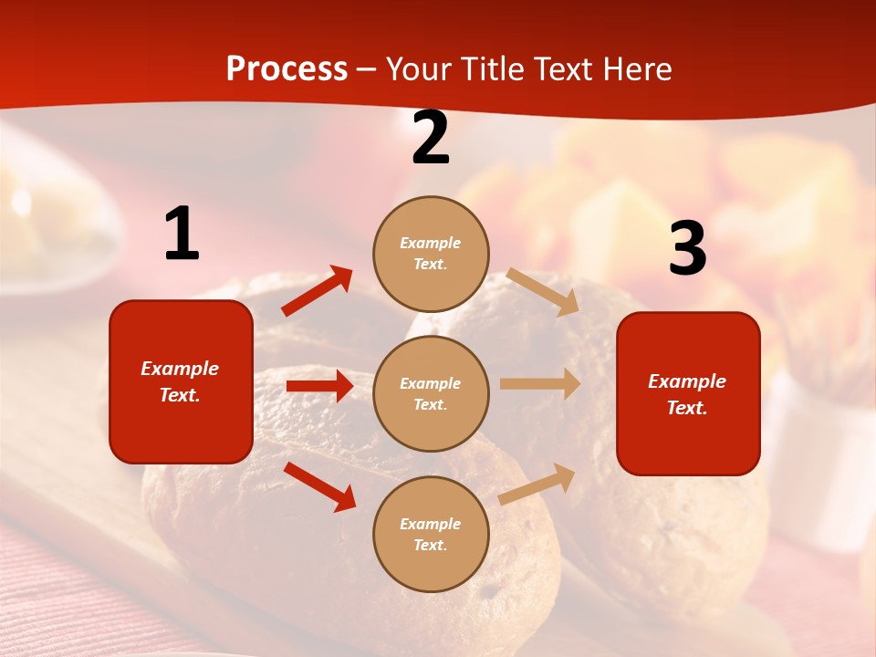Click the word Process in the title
[x=287, y=69]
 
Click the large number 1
[x=182, y=235]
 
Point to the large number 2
[x=431, y=139]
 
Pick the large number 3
[x=687, y=249]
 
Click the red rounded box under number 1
[x=181, y=381]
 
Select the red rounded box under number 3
[x=688, y=393]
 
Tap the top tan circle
[x=431, y=254]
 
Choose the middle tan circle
[x=431, y=393]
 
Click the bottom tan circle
[x=431, y=534]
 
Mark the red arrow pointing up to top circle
[x=318, y=290]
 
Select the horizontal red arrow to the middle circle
[x=319, y=386]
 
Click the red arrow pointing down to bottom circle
[x=319, y=486]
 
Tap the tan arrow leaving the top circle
[x=543, y=291]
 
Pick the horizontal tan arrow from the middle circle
[x=540, y=384]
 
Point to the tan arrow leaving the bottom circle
[x=537, y=484]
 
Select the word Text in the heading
[x=564, y=69]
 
